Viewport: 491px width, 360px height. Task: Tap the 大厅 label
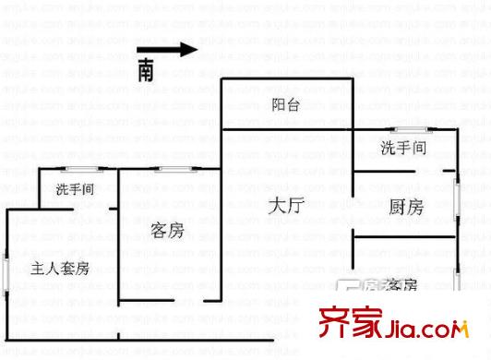click(x=286, y=207)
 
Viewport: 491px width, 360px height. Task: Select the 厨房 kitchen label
click(x=406, y=209)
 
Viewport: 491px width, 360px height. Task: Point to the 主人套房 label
click(x=60, y=269)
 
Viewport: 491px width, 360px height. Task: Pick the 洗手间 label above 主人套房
click(x=75, y=190)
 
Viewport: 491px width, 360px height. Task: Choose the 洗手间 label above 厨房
click(x=403, y=146)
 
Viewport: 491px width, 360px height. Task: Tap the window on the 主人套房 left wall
click(x=7, y=275)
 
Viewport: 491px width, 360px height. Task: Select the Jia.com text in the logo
click(x=424, y=329)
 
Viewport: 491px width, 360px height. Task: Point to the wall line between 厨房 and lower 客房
click(x=406, y=238)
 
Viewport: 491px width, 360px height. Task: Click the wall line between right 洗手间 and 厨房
click(x=388, y=173)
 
